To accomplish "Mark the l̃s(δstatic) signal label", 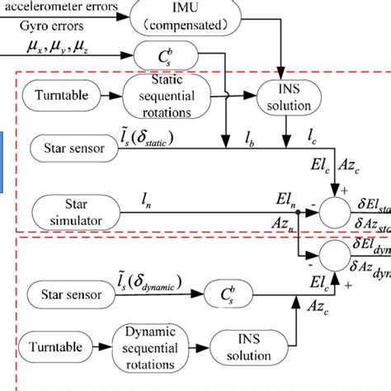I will pos(134,135).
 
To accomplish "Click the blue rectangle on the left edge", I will pos(3,153).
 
